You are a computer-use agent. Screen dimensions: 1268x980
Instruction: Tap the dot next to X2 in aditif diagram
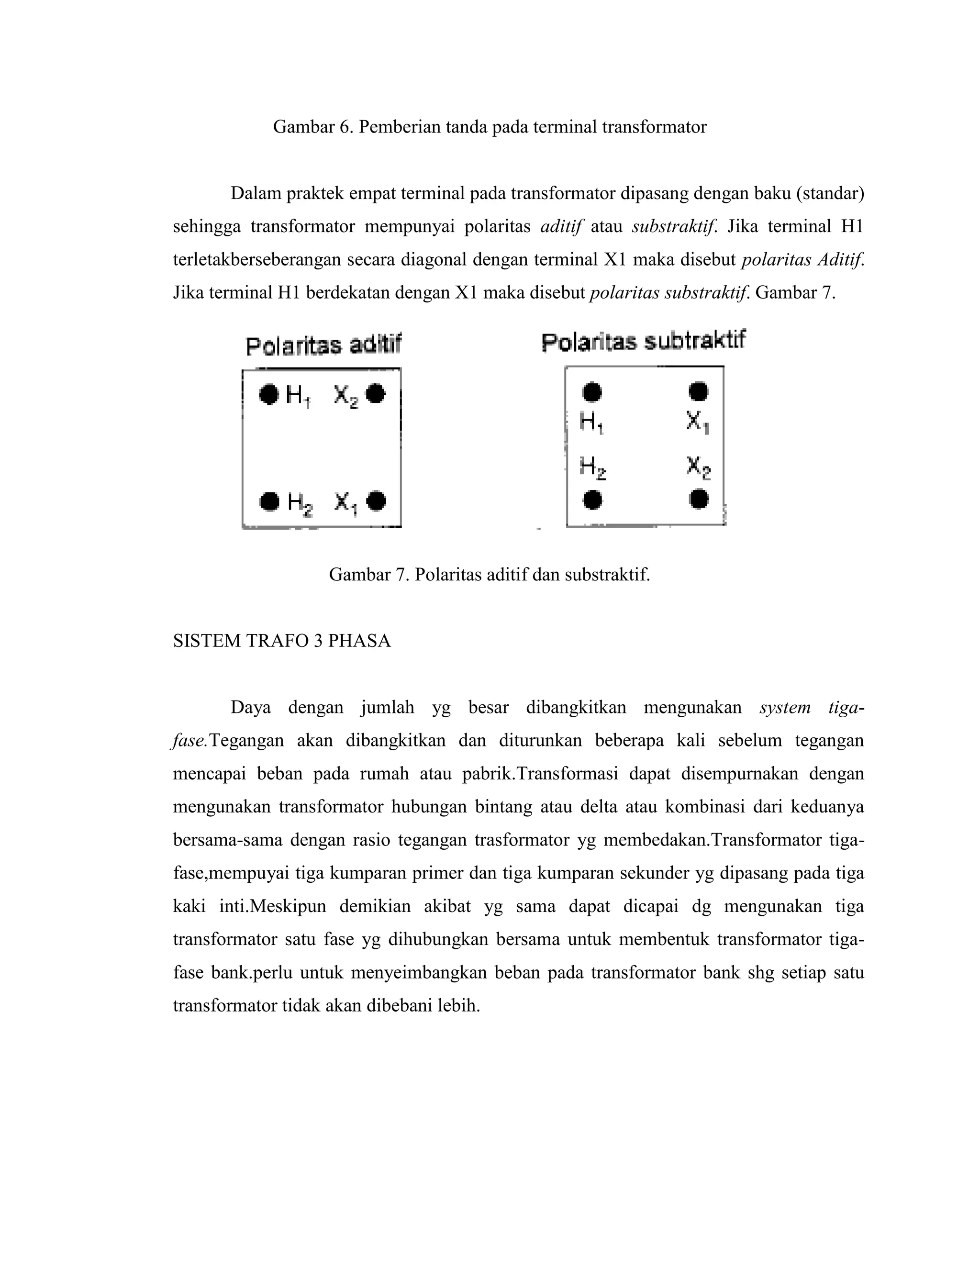point(376,394)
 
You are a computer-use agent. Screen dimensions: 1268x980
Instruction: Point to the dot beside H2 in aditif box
point(269,501)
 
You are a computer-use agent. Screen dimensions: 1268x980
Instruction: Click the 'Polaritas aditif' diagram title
point(323,346)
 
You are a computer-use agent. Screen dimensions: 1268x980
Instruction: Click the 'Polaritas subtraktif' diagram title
point(643,341)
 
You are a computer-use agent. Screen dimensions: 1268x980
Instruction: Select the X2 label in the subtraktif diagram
point(698,467)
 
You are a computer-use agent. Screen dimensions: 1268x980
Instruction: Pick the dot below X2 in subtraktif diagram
point(699,499)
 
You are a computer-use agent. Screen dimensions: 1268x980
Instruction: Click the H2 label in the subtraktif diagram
point(592,467)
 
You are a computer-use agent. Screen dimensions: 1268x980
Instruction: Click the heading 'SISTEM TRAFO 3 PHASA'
point(281,641)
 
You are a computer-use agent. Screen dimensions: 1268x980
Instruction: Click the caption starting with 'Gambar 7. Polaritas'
point(489,575)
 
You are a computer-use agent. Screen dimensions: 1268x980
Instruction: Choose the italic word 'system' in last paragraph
point(784,708)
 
